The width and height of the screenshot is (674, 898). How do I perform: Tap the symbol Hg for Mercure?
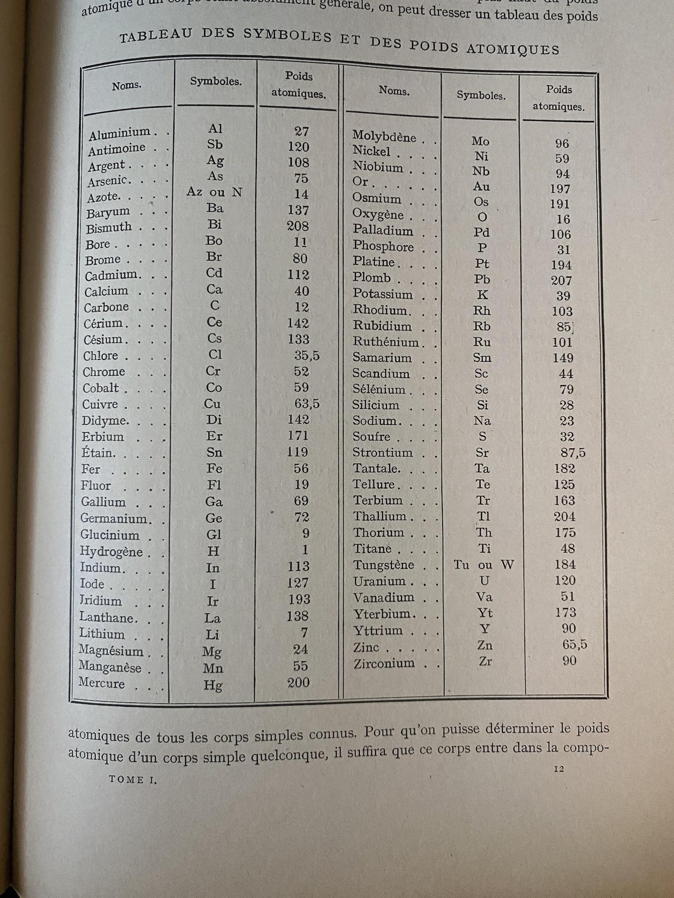[213, 685]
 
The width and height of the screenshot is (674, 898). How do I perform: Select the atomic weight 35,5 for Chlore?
[307, 356]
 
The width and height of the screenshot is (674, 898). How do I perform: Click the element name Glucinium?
[110, 535]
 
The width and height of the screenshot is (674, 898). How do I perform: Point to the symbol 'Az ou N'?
[214, 192]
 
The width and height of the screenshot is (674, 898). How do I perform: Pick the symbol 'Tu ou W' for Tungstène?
[484, 565]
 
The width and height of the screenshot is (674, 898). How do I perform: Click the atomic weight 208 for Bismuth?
[298, 226]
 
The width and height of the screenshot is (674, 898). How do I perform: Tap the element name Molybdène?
[384, 137]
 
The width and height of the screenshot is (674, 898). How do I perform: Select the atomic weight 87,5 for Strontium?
[573, 453]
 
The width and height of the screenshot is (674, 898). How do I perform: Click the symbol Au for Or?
[481, 187]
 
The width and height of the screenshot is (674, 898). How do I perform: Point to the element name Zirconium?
[384, 663]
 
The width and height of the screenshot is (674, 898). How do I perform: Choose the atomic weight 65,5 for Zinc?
[574, 645]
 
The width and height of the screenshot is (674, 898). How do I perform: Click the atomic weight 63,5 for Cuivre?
[307, 403]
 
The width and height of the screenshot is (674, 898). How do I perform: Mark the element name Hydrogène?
[111, 551]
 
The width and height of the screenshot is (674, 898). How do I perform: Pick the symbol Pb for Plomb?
[482, 280]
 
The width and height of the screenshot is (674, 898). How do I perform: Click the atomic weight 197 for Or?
[560, 189]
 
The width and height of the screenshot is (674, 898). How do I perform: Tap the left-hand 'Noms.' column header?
[127, 86]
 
